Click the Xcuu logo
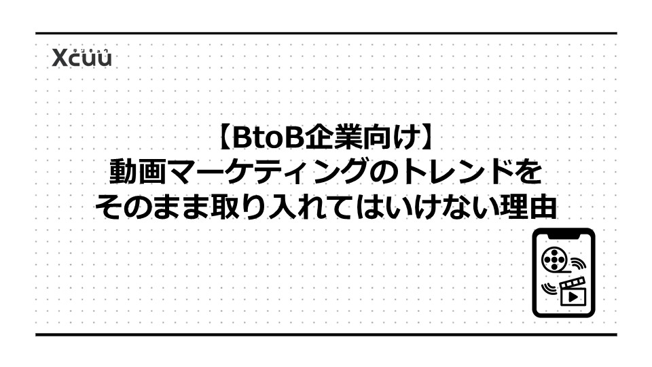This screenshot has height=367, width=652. (82, 57)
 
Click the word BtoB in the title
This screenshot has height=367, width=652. (268, 138)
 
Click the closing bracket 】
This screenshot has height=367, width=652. (427, 138)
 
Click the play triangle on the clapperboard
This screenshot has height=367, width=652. (573, 296)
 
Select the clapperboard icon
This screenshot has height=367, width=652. (573, 292)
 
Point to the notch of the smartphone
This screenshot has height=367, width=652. (564, 236)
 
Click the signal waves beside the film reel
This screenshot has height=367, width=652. (578, 264)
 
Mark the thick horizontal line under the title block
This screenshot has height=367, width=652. (326, 334)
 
